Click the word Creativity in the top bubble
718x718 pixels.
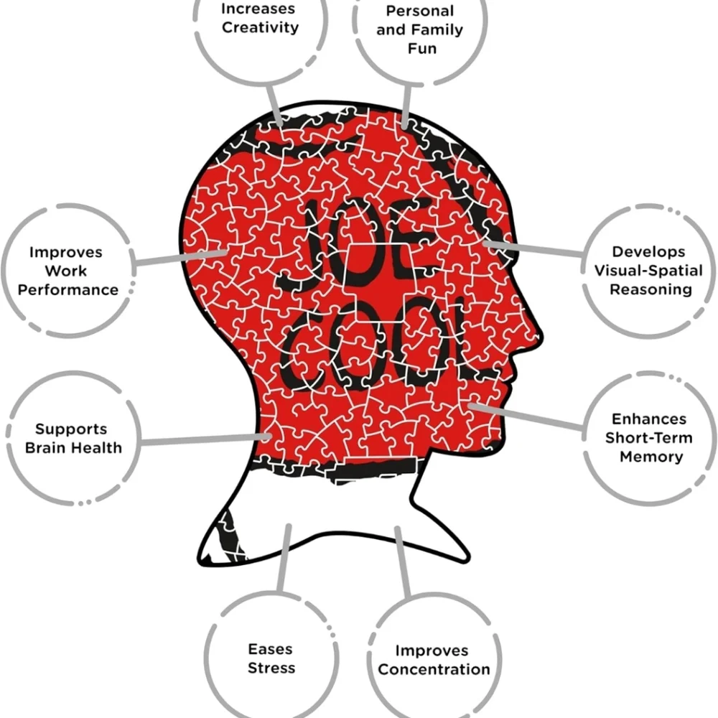coord(260,27)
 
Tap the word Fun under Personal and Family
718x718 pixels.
coord(421,48)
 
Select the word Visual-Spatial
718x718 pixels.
coord(648,270)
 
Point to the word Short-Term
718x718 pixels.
coord(649,438)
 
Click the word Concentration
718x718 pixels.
coord(434,669)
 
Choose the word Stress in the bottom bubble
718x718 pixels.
coord(271,668)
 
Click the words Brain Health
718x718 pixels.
coord(74,447)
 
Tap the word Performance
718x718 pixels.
coord(68,290)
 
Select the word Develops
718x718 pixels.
coord(648,252)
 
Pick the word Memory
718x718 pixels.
coord(651,457)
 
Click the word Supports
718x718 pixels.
coord(71,429)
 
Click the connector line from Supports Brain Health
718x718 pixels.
coord(205,439)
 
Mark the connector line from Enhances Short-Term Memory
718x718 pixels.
coord(526,416)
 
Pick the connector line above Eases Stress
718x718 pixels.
coord(284,558)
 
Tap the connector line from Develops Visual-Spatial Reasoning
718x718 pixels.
coord(533,248)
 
